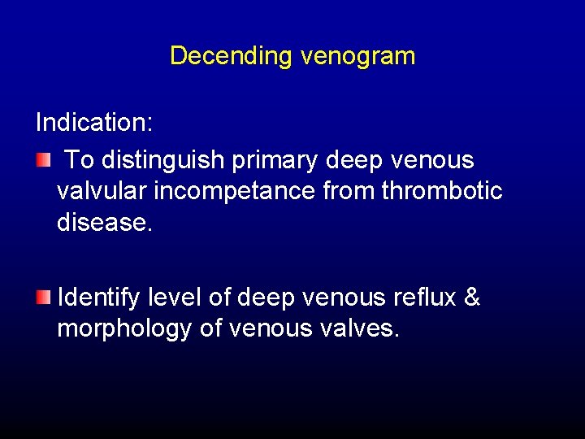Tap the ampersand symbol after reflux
[471, 298]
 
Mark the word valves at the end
[360, 329]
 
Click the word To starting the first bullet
[79, 160]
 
